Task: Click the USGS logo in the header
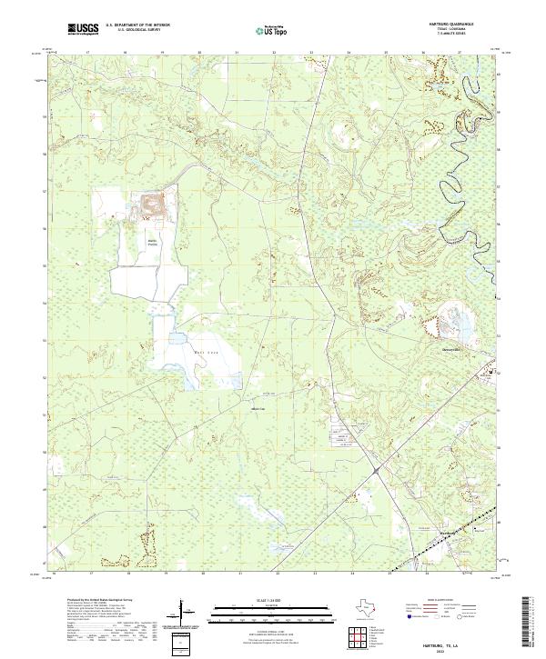[x=83, y=30]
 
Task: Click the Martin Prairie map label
[x=154, y=242]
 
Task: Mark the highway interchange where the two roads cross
[x=375, y=470]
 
